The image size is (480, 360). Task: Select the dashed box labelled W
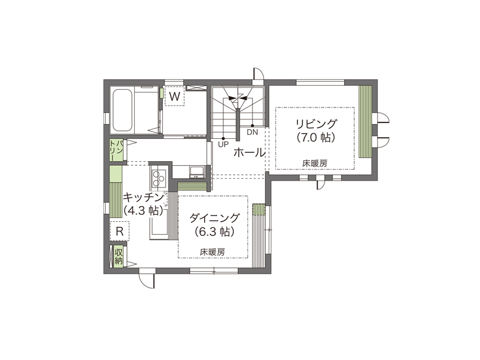[x=175, y=97]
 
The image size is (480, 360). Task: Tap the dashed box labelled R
[x=120, y=231]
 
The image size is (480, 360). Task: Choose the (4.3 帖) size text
[x=143, y=210]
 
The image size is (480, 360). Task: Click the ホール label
[x=249, y=153]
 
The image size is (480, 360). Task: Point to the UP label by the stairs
[x=223, y=145]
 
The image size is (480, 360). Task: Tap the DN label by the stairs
[x=253, y=132]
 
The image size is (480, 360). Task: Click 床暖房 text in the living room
[x=315, y=163]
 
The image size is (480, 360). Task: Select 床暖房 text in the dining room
[x=213, y=251]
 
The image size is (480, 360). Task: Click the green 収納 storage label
[x=118, y=257]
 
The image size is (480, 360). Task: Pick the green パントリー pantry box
[x=116, y=150]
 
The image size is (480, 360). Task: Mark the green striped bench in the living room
[x=365, y=122]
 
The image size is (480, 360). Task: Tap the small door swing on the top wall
[x=258, y=75]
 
